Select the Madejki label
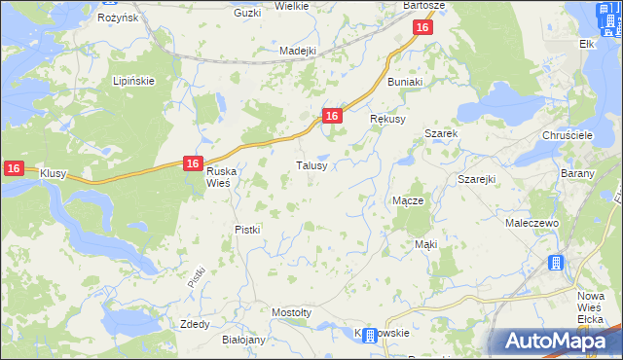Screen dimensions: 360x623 point(298,51)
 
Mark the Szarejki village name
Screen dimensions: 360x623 point(477,180)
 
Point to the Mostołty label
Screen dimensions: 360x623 point(291,312)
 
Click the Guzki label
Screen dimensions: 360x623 point(248,13)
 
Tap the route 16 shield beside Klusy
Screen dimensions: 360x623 point(13,168)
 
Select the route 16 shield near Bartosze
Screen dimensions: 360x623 point(421,29)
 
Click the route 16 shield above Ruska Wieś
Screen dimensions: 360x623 point(192,164)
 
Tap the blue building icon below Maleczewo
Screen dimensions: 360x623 point(556,263)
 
